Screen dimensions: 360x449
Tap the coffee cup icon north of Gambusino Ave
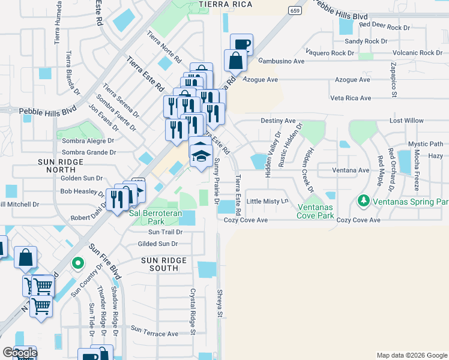(241, 44)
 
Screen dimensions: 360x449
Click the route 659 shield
(294, 11)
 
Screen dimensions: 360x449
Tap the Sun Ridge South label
(164, 264)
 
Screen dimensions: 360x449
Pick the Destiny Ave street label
(279, 121)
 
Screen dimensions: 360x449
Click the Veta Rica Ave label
(351, 98)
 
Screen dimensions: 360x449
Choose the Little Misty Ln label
(268, 201)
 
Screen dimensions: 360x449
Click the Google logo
(19, 353)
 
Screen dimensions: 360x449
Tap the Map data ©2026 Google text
(411, 355)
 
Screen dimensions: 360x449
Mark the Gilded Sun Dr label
(158, 244)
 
